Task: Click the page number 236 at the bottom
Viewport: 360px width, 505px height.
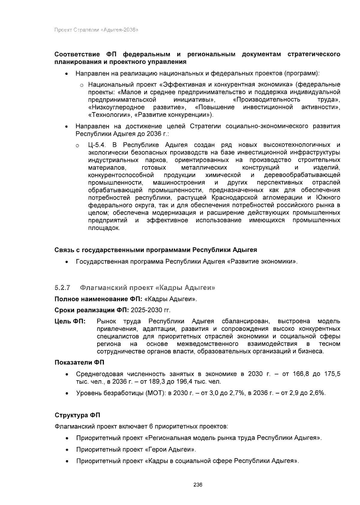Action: (x=198, y=485)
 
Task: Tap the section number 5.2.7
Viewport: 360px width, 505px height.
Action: (x=62, y=288)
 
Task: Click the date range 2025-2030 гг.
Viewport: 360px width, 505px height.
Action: (x=151, y=310)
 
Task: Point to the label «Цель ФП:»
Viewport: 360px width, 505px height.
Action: (x=70, y=321)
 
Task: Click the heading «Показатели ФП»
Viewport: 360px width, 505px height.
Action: (x=79, y=363)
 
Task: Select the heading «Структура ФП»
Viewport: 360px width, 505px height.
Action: (x=77, y=415)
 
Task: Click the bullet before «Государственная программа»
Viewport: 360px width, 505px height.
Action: (x=66, y=262)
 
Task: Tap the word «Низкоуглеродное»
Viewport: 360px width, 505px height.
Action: (x=116, y=107)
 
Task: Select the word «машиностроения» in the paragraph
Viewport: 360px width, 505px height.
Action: (x=179, y=183)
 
